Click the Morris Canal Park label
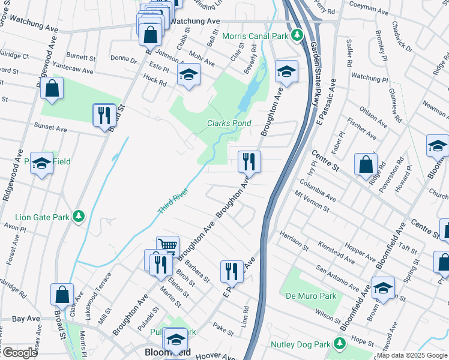click(255, 36)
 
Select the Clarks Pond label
click(229, 123)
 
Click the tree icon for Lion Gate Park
click(77, 216)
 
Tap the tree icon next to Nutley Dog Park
click(340, 344)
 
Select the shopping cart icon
click(167, 246)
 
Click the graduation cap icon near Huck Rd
click(188, 76)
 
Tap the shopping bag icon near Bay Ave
click(62, 295)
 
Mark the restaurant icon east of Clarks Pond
click(249, 161)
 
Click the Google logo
click(19, 353)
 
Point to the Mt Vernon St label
click(312, 202)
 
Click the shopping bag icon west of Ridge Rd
click(366, 164)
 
